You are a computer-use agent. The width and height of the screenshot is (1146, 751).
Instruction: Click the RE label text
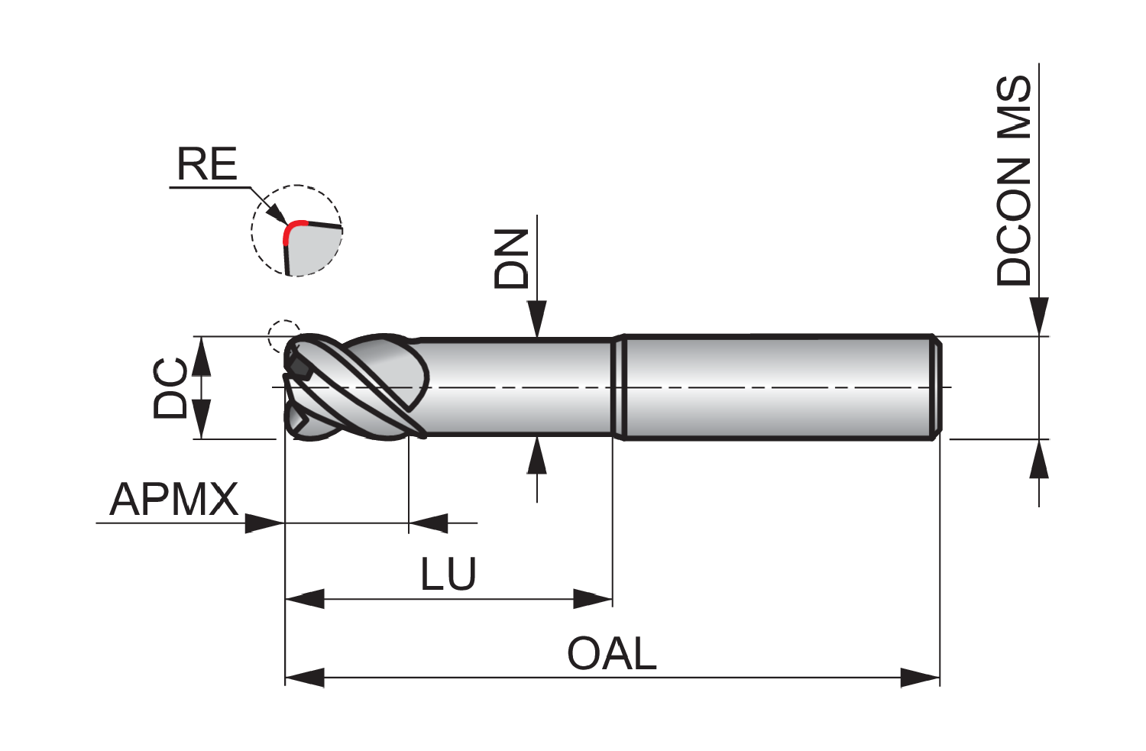(207, 163)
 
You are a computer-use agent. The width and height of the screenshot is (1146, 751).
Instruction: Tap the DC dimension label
(170, 388)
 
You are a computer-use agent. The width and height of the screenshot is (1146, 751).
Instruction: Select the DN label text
(510, 259)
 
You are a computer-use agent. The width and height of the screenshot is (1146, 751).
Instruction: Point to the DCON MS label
(1014, 180)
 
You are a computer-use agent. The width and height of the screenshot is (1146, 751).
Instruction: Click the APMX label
(174, 499)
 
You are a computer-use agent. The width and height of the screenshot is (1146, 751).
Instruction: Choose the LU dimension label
(448, 574)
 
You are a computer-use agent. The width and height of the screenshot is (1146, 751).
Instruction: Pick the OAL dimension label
(612, 653)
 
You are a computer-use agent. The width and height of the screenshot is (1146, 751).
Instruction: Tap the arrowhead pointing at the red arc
(279, 215)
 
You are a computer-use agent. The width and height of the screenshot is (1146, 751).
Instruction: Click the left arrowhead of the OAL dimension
(304, 678)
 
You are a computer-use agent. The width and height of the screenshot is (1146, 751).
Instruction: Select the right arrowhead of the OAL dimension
(920, 678)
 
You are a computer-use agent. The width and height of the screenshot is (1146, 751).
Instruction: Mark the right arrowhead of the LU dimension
(592, 598)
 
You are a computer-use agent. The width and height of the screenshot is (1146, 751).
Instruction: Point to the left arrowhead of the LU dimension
(304, 598)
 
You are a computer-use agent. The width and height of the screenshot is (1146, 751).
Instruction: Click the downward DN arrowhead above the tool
(536, 319)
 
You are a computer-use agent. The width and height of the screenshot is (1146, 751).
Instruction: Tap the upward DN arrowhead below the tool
(536, 455)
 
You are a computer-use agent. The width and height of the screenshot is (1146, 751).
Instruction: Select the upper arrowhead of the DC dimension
(201, 356)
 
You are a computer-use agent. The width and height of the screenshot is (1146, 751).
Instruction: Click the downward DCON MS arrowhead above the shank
(1039, 316)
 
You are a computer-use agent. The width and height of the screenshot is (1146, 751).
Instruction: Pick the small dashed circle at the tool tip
(284, 336)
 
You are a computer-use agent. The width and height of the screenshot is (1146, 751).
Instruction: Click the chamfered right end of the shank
(936, 387)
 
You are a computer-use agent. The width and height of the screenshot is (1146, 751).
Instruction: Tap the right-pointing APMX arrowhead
(265, 523)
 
